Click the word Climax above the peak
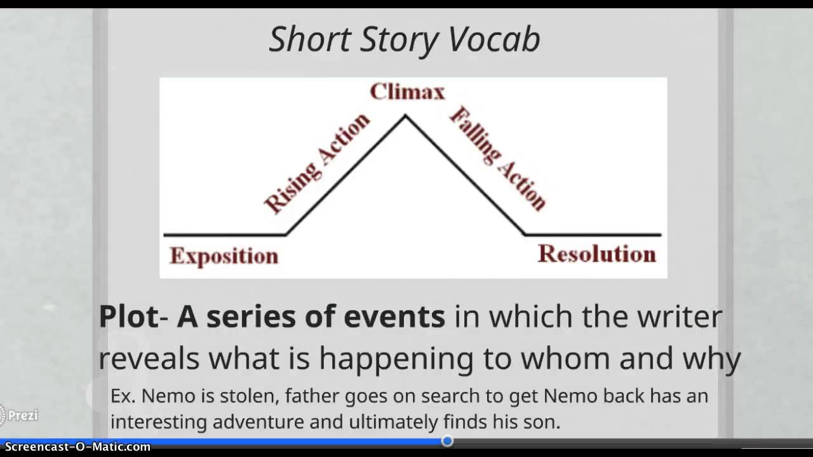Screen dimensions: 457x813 coord(407,92)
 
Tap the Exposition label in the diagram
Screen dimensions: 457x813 coord(224,256)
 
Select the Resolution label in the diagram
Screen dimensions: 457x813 coord(596,254)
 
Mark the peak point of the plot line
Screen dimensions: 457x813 coord(405,116)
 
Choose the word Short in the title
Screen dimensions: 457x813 coord(311,40)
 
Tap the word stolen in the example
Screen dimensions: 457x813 coord(250,396)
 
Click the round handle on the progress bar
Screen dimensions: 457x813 coord(447,440)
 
